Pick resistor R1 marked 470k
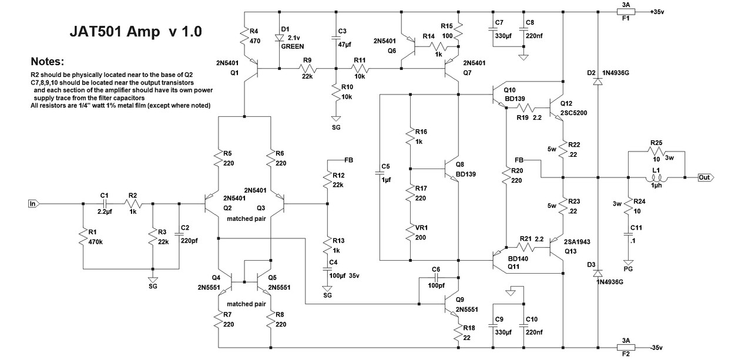pos(82,237)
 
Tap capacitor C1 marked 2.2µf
pos(105,204)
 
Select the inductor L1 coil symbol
pos(656,177)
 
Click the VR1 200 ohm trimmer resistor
pos(410,235)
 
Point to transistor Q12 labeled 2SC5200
pos(558,107)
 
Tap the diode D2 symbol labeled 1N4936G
pos(598,80)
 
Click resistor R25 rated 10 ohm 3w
pos(656,152)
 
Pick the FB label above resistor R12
pos(348,159)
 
